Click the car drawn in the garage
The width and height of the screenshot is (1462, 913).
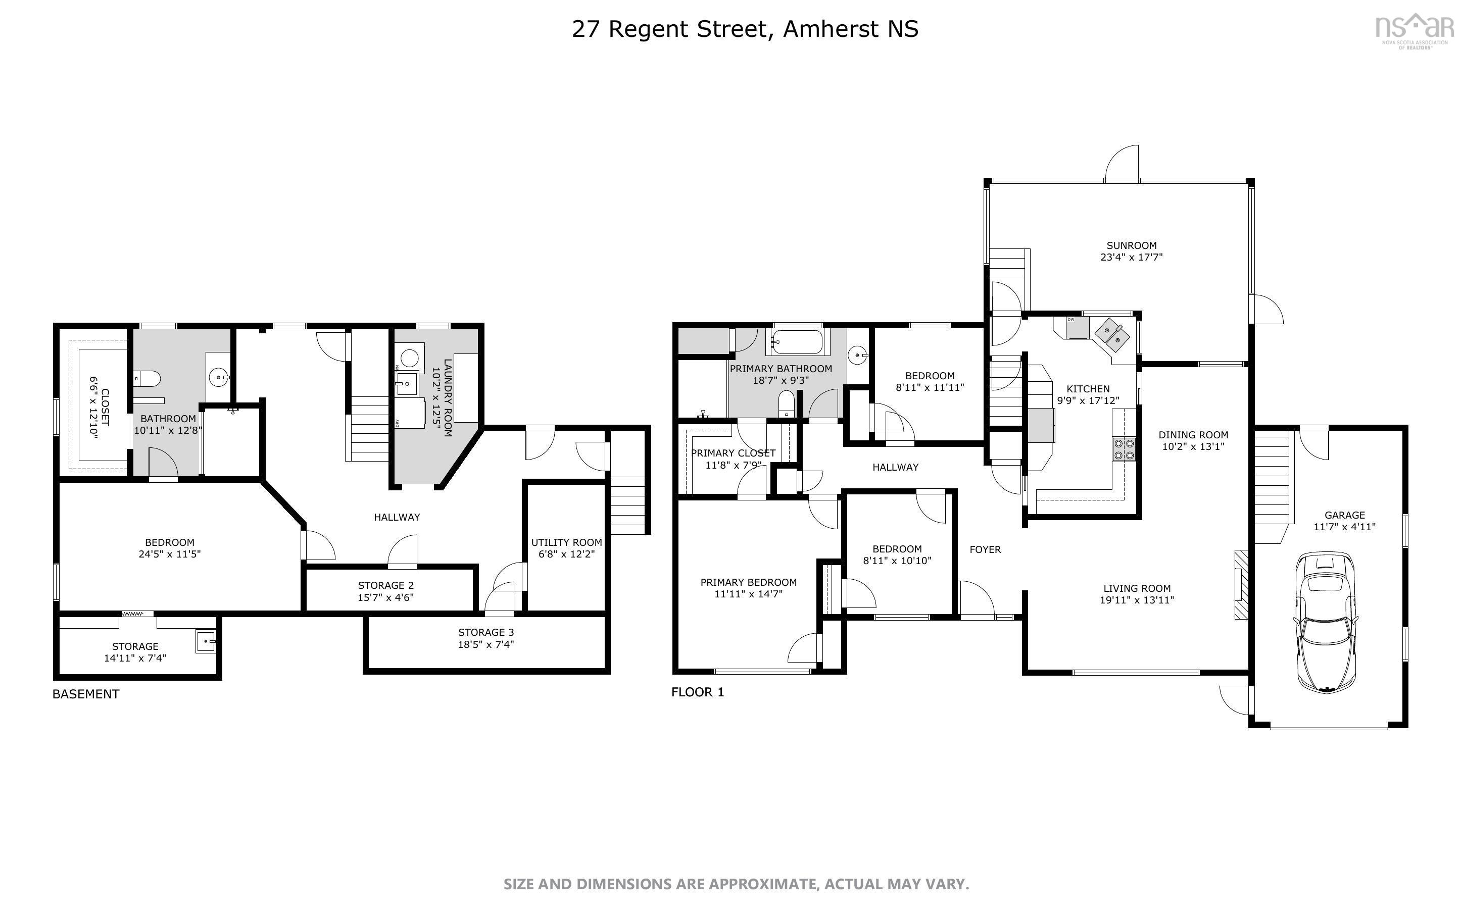[1326, 622]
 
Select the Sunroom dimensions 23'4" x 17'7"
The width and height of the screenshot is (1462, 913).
[1131, 257]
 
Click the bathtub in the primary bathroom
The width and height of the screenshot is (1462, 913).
[797, 343]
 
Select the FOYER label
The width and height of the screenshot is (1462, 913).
[985, 549]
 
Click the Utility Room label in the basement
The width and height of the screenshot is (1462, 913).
[566, 542]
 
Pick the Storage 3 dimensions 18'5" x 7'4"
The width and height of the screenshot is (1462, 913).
[485, 644]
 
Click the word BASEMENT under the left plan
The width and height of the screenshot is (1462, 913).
[86, 694]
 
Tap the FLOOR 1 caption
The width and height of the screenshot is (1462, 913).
[698, 692]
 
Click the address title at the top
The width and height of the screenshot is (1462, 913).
[745, 29]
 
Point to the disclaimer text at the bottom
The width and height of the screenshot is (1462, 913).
[736, 885]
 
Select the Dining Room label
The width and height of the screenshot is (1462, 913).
[1193, 435]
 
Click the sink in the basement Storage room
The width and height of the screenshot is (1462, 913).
[205, 641]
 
